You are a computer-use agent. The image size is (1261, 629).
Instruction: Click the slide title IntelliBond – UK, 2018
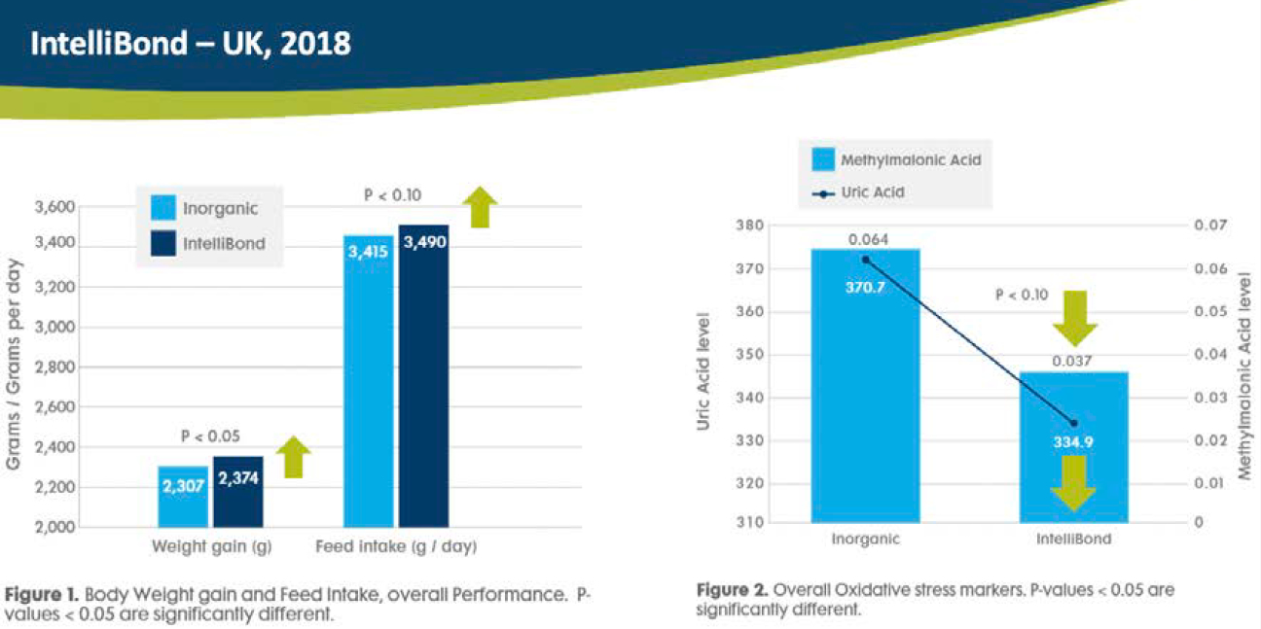tap(190, 44)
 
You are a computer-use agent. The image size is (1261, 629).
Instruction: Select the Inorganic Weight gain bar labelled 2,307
tap(183, 496)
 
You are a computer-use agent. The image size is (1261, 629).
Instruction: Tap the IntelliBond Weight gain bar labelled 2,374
tap(237, 491)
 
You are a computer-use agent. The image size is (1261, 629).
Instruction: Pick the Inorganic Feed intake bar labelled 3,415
tap(369, 379)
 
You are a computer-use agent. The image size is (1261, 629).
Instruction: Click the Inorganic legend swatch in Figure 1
tap(163, 208)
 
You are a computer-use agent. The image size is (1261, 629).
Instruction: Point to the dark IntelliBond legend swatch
tap(163, 242)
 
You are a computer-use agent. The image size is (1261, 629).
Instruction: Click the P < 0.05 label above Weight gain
tap(209, 437)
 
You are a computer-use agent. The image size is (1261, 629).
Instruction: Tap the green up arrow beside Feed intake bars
tap(479, 207)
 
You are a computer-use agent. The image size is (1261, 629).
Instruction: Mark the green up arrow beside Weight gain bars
tap(293, 457)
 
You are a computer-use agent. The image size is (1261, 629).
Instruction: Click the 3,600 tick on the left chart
tap(54, 207)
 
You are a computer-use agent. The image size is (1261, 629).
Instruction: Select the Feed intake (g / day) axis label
tap(396, 547)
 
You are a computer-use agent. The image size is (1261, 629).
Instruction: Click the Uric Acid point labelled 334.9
tap(1073, 423)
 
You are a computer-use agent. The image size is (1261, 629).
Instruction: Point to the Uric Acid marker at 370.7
tap(865, 259)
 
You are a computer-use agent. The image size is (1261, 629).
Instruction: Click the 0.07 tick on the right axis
tap(1207, 226)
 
